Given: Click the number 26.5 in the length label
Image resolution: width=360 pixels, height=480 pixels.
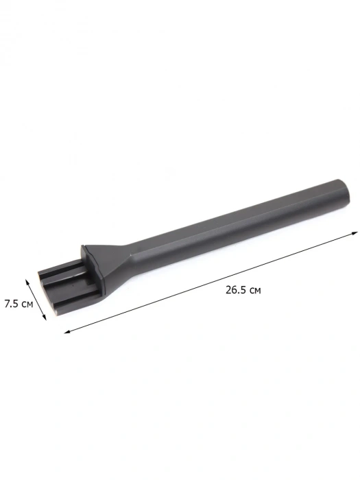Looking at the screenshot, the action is pyautogui.click(x=236, y=289).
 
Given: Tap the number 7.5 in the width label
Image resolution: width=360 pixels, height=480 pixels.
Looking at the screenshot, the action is pyautogui.click(x=12, y=304).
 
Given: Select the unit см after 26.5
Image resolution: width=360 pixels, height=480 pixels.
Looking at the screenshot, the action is pyautogui.click(x=254, y=291).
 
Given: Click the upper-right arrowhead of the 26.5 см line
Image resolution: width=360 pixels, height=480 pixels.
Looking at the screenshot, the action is pyautogui.click(x=355, y=233).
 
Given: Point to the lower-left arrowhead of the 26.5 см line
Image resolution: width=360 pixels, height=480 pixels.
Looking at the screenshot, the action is pyautogui.click(x=67, y=331).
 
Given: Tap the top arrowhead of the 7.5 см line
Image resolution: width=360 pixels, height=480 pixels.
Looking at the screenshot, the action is pyautogui.click(x=27, y=281).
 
